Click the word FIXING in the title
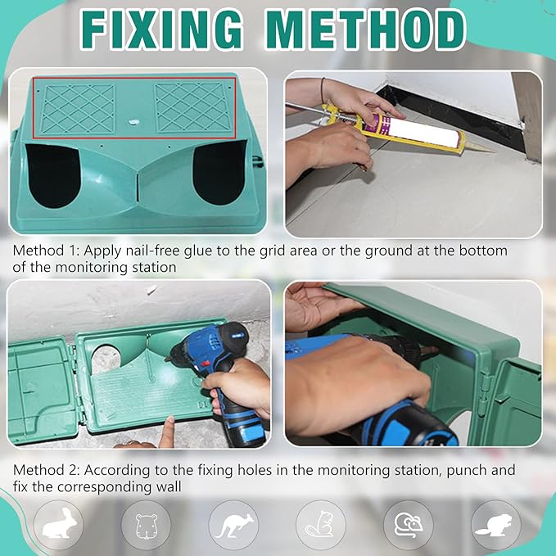[161, 29]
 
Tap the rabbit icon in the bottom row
[59, 523]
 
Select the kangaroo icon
[234, 525]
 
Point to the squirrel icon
[320, 524]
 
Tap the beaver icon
[494, 524]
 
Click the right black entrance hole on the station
[219, 173]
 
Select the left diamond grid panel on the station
[78, 109]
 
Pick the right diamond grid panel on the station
[193, 107]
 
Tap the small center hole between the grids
[134, 122]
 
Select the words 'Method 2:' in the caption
[47, 470]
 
